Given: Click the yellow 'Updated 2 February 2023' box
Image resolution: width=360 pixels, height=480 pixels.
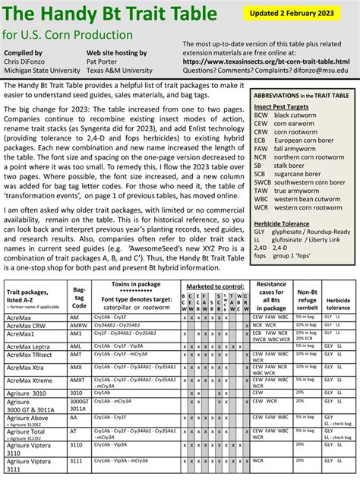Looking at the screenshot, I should click(299, 14).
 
